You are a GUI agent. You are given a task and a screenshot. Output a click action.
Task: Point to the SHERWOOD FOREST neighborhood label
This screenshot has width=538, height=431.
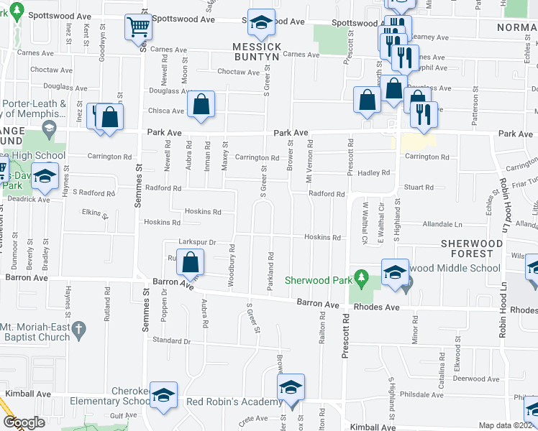(473, 249)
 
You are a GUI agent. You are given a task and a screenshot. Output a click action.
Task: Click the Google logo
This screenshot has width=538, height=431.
(23, 422)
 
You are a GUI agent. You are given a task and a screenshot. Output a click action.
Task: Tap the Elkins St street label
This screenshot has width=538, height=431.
(95, 213)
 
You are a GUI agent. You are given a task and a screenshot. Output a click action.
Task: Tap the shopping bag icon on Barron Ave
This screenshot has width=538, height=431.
(191, 264)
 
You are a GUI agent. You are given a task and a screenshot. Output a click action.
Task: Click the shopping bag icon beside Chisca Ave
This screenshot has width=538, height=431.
(201, 105)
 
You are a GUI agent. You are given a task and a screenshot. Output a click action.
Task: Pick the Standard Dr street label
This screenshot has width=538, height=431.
(171, 340)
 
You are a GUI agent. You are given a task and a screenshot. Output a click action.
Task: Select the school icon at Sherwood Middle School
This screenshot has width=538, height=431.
(394, 274)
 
